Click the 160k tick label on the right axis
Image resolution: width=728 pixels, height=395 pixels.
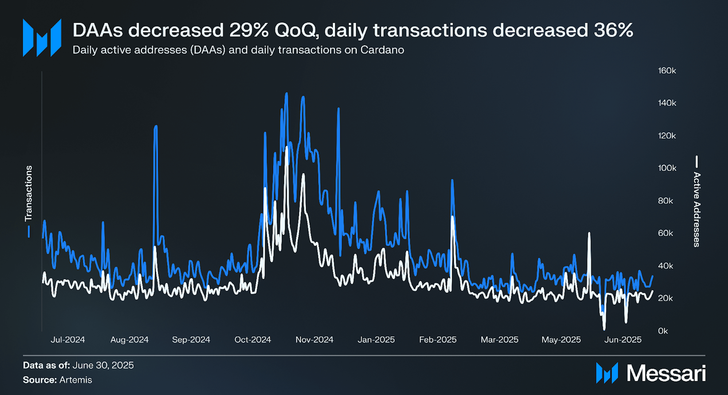[667, 71]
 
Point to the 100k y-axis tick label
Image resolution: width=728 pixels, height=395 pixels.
[667, 168]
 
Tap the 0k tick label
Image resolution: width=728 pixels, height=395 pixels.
[663, 331]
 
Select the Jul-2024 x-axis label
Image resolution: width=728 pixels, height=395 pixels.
[68, 340]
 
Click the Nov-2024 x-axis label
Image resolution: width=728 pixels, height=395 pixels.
[314, 340]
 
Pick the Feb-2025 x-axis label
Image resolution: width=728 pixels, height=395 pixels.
[438, 340]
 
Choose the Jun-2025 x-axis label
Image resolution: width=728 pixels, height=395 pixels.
[623, 340]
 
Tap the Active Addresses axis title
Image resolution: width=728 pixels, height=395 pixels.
[697, 209]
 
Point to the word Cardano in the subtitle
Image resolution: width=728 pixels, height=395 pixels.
[382, 50]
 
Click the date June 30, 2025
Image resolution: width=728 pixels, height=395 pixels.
[103, 365]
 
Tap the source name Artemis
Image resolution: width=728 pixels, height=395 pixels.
[75, 380]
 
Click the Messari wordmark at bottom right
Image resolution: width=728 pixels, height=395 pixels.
[666, 373]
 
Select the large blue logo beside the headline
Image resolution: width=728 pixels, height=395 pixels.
[42, 37]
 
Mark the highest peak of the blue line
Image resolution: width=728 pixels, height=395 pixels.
[287, 93]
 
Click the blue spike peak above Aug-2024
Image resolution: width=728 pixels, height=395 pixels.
[156, 126]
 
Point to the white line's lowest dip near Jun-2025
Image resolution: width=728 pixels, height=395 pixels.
[604, 328]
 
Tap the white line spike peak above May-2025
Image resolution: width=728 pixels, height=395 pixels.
[589, 234]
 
